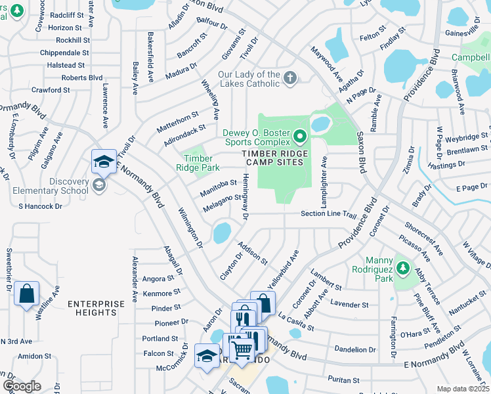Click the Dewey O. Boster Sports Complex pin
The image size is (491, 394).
pyautogui.click(x=301, y=137)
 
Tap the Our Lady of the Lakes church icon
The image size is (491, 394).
pyautogui.click(x=289, y=79)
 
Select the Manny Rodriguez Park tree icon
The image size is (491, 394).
pyautogui.click(x=402, y=269)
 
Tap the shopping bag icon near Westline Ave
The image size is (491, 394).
pyautogui.click(x=26, y=295)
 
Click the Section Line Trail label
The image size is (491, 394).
pyautogui.click(x=328, y=214)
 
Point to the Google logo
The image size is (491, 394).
pyautogui.click(x=22, y=386)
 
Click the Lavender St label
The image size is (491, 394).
pyautogui.click(x=349, y=305)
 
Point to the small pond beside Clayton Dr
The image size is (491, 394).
pyautogui.click(x=221, y=232)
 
